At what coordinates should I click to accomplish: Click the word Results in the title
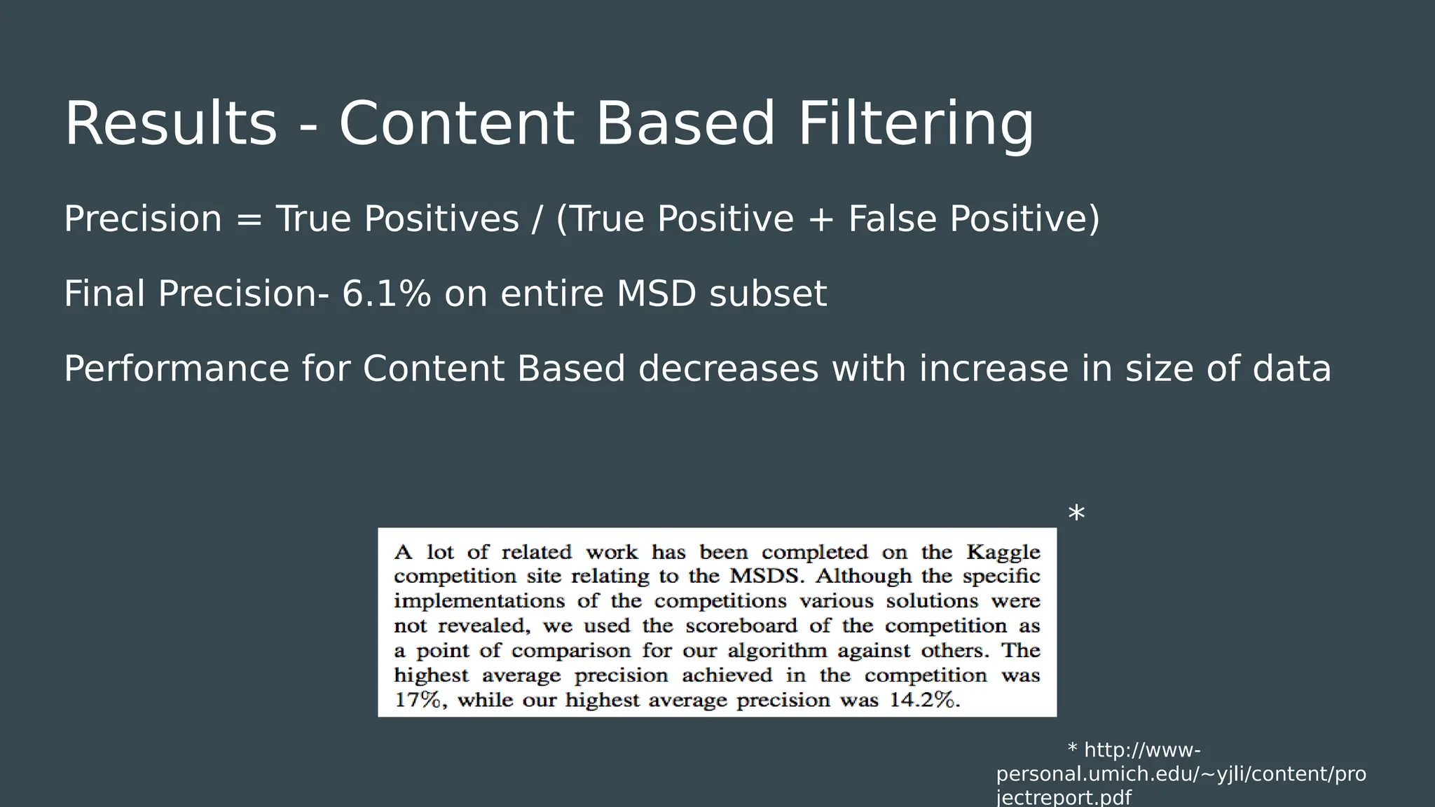pos(170,124)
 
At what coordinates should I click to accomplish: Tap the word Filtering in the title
pos(915,124)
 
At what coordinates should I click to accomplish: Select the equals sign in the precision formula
pos(249,219)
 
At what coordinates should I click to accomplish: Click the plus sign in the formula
pos(821,219)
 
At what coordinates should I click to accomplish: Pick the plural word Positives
pos(441,219)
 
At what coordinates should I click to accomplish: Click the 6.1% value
pos(386,294)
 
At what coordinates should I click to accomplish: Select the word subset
pos(768,294)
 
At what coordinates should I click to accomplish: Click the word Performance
pos(176,369)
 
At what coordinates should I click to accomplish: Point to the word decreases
pos(728,369)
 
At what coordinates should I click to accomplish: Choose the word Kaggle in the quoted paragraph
pos(1003,552)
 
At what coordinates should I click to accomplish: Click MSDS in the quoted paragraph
pos(767,577)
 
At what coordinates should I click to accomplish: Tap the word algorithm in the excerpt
pos(777,651)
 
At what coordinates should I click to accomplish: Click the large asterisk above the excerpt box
pos(1076,514)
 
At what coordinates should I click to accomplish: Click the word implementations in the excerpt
pos(479,601)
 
